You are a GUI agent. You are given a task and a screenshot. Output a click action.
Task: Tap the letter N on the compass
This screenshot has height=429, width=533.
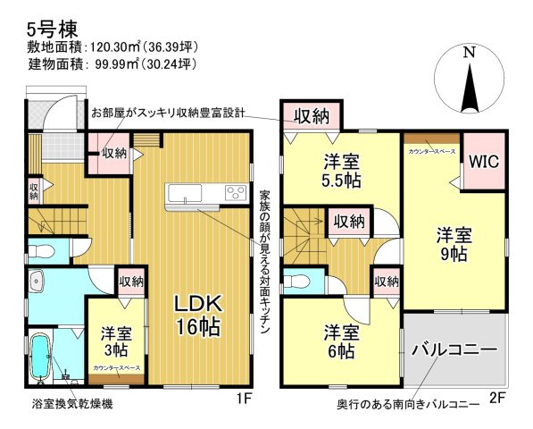click(469, 53)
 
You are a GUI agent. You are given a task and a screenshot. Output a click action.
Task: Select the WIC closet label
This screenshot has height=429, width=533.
click(483, 162)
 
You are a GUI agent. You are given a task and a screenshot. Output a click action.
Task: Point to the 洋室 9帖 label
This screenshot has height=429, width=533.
click(454, 244)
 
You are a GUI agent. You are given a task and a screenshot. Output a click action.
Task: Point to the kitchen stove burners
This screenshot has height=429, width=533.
click(236, 192)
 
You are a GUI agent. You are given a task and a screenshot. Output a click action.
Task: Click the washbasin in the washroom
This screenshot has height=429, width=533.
click(36, 285)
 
